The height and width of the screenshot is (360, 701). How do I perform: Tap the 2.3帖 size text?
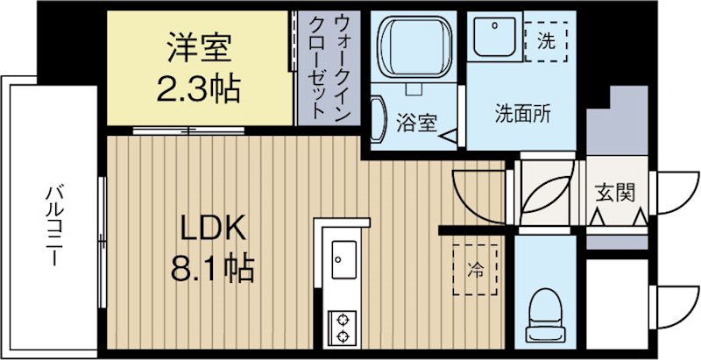(x=199, y=88)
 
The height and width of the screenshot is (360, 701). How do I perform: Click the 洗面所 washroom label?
(x=522, y=114)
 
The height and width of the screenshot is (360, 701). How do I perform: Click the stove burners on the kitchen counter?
(x=341, y=326)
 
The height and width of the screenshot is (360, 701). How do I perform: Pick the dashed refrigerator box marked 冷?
(x=475, y=267)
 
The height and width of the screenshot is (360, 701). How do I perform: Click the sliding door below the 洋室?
(x=188, y=131)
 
